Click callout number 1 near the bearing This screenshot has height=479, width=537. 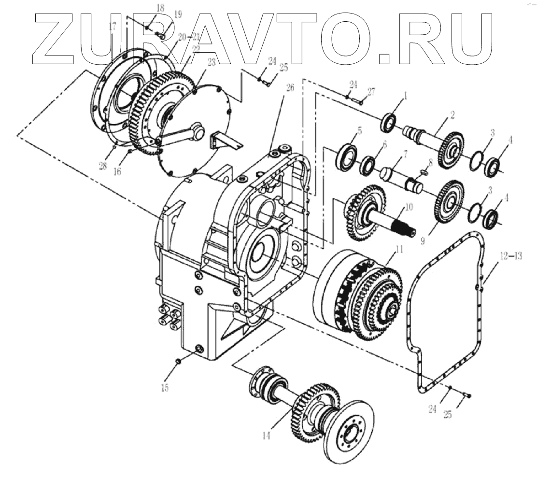click(406, 97)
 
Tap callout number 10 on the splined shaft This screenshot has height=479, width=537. click(409, 207)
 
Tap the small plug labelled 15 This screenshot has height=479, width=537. click(178, 361)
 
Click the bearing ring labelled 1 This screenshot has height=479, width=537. click(389, 122)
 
